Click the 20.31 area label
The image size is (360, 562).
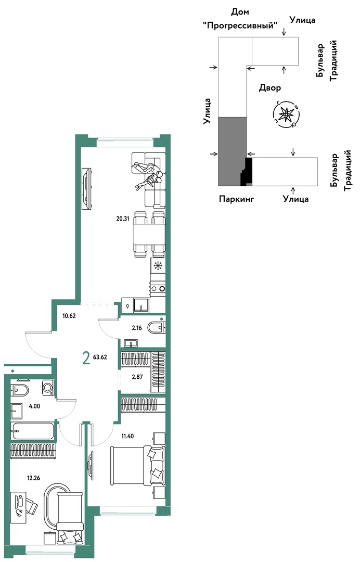coord(122,218)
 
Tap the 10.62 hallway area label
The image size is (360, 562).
coord(69,316)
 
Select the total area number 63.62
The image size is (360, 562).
coord(100,357)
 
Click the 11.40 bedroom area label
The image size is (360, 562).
coord(128,436)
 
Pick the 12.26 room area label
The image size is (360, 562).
coord(34,477)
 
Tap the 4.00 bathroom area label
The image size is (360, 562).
coord(34,406)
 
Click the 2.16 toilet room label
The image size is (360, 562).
coord(137,328)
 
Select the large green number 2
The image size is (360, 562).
coord(86,357)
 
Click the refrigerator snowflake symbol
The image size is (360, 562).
coord(157,266)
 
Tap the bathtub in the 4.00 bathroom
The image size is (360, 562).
coord(33,430)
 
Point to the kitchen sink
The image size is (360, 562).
coord(141,305)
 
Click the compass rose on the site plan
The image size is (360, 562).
coord(286,114)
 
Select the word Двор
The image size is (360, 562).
coord(269,87)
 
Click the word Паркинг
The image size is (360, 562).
coord(236,199)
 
